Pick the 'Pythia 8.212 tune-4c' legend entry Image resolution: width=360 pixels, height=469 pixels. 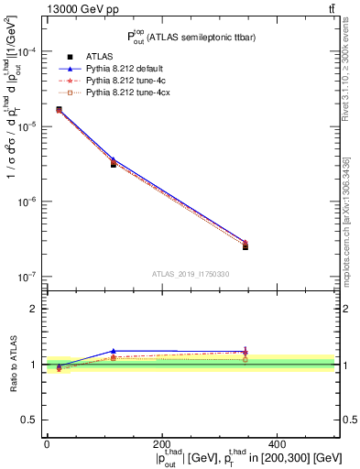click(x=118, y=81)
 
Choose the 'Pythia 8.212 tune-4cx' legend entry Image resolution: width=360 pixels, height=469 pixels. click(x=121, y=93)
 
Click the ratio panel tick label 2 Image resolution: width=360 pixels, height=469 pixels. click(x=34, y=309)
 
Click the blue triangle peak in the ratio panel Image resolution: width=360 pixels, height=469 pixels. click(x=114, y=351)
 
